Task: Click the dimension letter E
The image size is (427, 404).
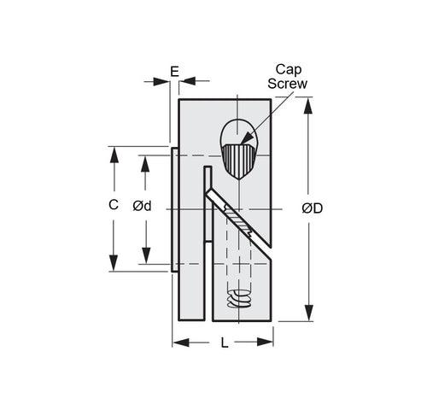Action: [x=174, y=72]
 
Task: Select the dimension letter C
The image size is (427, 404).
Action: [x=112, y=205]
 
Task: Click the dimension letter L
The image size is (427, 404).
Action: [x=224, y=343]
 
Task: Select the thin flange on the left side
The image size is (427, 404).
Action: [x=175, y=208]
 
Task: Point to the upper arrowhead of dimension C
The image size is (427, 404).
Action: [x=112, y=155]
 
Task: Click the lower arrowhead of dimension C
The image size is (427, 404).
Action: [x=112, y=263]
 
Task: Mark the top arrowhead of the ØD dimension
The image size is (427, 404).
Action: [x=310, y=104]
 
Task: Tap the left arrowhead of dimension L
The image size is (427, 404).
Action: [x=179, y=343]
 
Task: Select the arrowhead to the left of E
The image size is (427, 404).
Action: [x=161, y=81]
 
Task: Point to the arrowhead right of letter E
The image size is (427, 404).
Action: [x=187, y=81]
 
